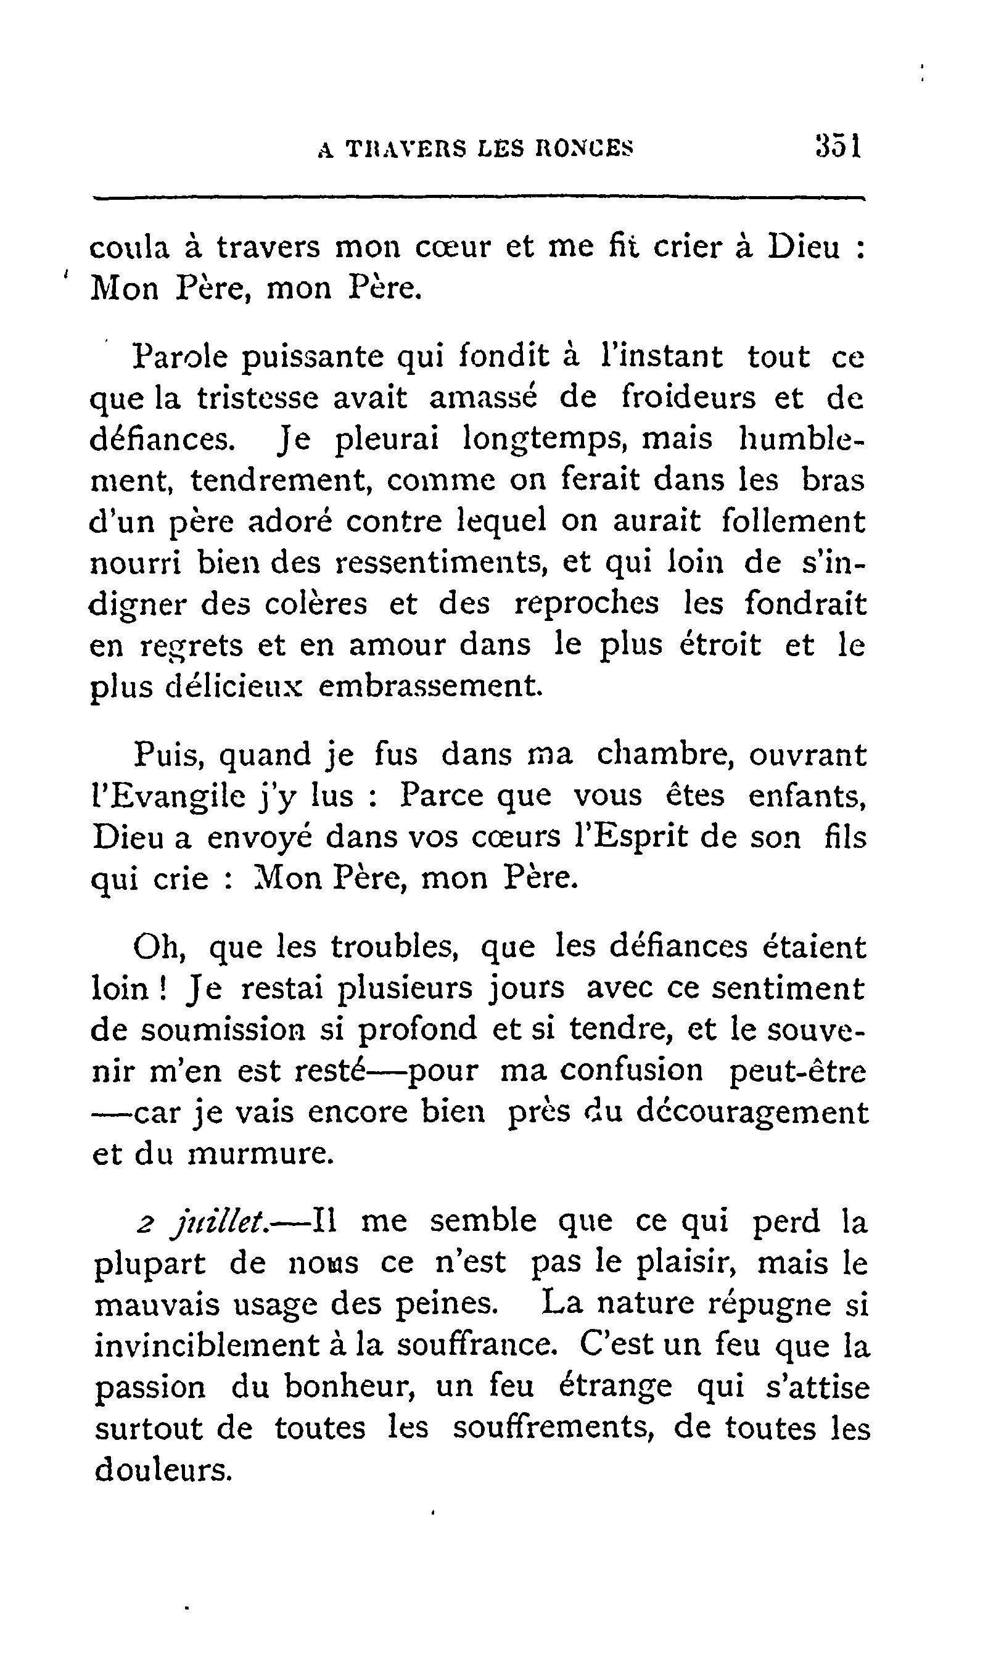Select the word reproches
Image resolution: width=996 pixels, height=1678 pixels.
[x=586, y=603]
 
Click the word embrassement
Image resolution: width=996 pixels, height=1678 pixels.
[x=429, y=686]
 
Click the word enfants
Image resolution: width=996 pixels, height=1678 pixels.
[x=806, y=796]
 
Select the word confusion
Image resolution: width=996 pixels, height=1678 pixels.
[x=632, y=1070]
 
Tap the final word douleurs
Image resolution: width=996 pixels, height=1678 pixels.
[x=162, y=1470]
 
